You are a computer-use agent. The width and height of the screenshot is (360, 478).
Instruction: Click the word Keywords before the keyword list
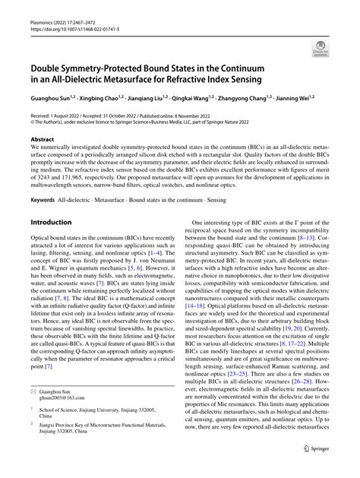pyautogui.click(x=43, y=200)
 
